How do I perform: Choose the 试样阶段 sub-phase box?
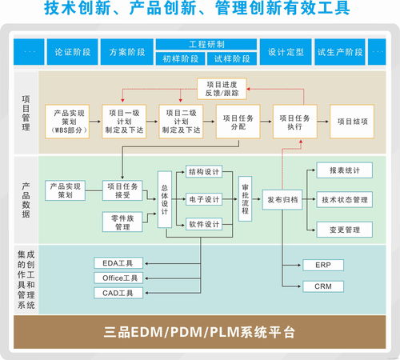click(232, 58)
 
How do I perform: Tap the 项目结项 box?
click(352, 121)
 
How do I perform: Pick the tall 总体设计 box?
click(165, 198)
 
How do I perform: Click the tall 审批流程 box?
click(246, 199)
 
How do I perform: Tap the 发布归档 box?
click(282, 199)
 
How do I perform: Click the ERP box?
click(322, 264)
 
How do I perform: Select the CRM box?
click(322, 286)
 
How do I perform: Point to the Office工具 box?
click(121, 278)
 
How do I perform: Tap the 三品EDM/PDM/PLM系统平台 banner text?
click(199, 331)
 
